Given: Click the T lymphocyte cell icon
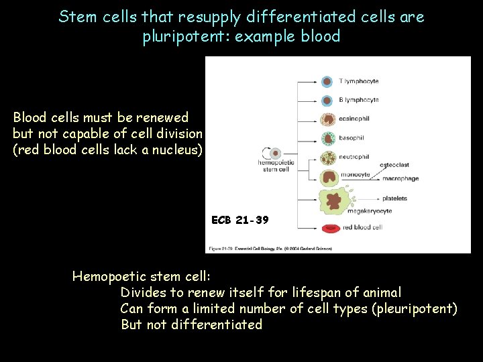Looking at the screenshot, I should (327, 82).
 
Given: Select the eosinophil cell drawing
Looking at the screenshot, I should (327, 120).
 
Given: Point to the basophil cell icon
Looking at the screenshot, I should (327, 139).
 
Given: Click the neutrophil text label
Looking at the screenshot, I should (354, 157).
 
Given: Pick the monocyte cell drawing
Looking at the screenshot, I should (329, 177).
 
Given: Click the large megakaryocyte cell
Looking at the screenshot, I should (331, 200).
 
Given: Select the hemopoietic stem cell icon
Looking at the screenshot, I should (274, 154).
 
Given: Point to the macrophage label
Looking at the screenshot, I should (400, 179).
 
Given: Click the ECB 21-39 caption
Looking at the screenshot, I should (239, 220).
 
